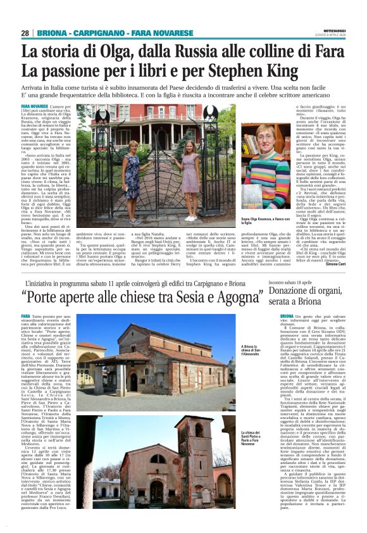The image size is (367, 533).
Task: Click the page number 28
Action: pos(25,33)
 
